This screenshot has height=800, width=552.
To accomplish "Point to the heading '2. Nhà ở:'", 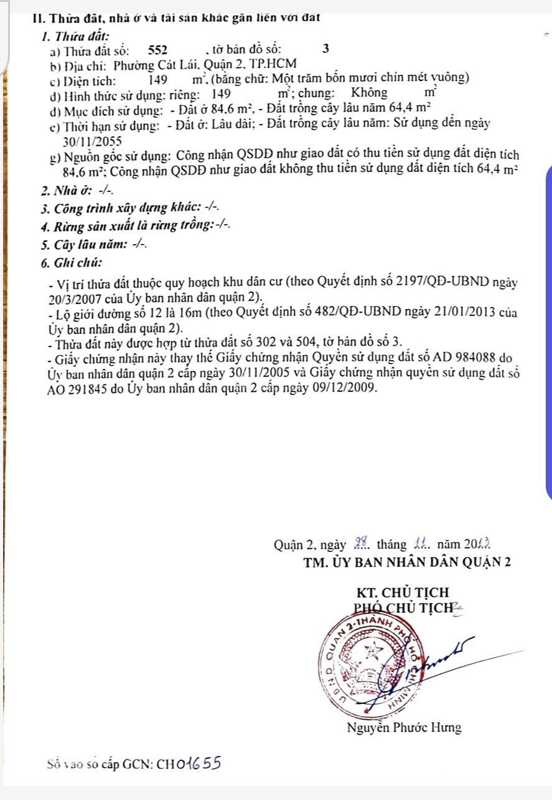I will (x=67, y=190).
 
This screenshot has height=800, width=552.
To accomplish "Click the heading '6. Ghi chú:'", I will (x=71, y=263).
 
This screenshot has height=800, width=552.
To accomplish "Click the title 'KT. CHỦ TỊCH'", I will (x=402, y=592).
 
